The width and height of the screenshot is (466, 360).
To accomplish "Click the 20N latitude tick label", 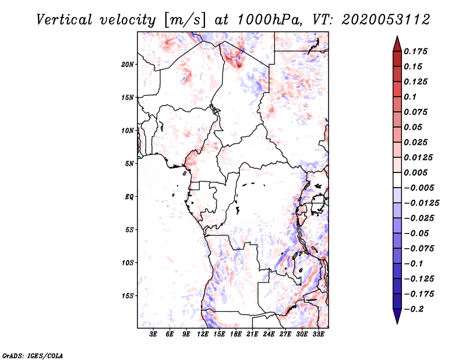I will click(x=128, y=64).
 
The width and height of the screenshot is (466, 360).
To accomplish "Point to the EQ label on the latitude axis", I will click(x=129, y=197).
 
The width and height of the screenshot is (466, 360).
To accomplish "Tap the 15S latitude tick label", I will click(x=128, y=296).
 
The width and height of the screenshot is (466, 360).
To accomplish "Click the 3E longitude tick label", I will click(x=154, y=334).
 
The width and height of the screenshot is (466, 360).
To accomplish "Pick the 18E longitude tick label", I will click(x=236, y=334).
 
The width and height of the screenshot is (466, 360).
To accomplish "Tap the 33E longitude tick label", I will click(x=319, y=334).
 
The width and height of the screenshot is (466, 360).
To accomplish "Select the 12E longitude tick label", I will click(x=203, y=334).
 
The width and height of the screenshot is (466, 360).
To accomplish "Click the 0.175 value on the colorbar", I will click(x=418, y=51).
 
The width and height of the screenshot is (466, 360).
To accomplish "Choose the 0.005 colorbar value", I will click(x=418, y=173).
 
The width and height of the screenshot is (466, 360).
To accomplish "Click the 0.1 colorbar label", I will click(x=412, y=97).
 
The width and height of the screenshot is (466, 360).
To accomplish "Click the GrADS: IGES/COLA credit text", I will click(x=33, y=355).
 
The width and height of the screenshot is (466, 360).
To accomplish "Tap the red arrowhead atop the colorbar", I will click(x=396, y=41).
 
